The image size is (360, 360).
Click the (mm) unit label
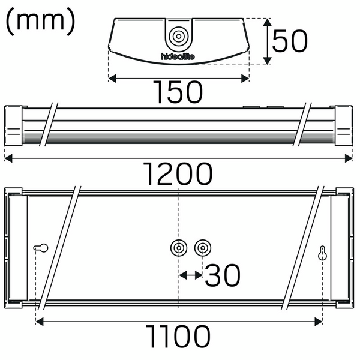(40, 22)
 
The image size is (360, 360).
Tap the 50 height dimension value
(290, 41)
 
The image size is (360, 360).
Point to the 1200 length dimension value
(178, 174)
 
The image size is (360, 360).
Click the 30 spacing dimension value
(223, 275)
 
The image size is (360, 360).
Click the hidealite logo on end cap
(178, 56)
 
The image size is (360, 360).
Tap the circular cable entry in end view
(178, 37)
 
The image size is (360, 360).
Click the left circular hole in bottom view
(179, 248)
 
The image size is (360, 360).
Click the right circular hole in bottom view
(203, 248)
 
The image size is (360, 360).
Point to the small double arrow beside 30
(191, 275)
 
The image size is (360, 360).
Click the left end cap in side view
(14, 126)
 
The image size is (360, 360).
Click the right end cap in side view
(343, 126)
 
